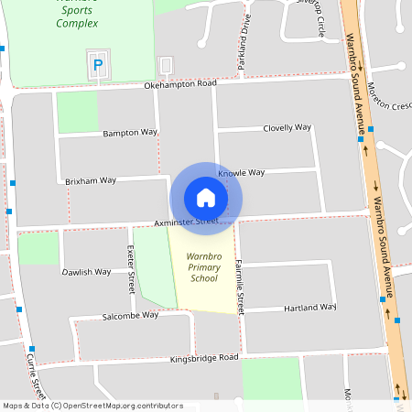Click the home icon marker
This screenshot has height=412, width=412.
pos(206,198)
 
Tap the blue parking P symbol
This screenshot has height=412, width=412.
pos(97,65)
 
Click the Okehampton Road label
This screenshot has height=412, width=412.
pos(180,84)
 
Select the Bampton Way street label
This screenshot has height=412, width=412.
pos(130,133)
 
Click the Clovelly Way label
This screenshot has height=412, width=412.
pos(287,128)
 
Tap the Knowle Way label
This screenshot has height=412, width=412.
pos(242,172)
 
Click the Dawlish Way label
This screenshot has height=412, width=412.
pos(86,272)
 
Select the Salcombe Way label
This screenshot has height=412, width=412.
pos(131,315)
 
